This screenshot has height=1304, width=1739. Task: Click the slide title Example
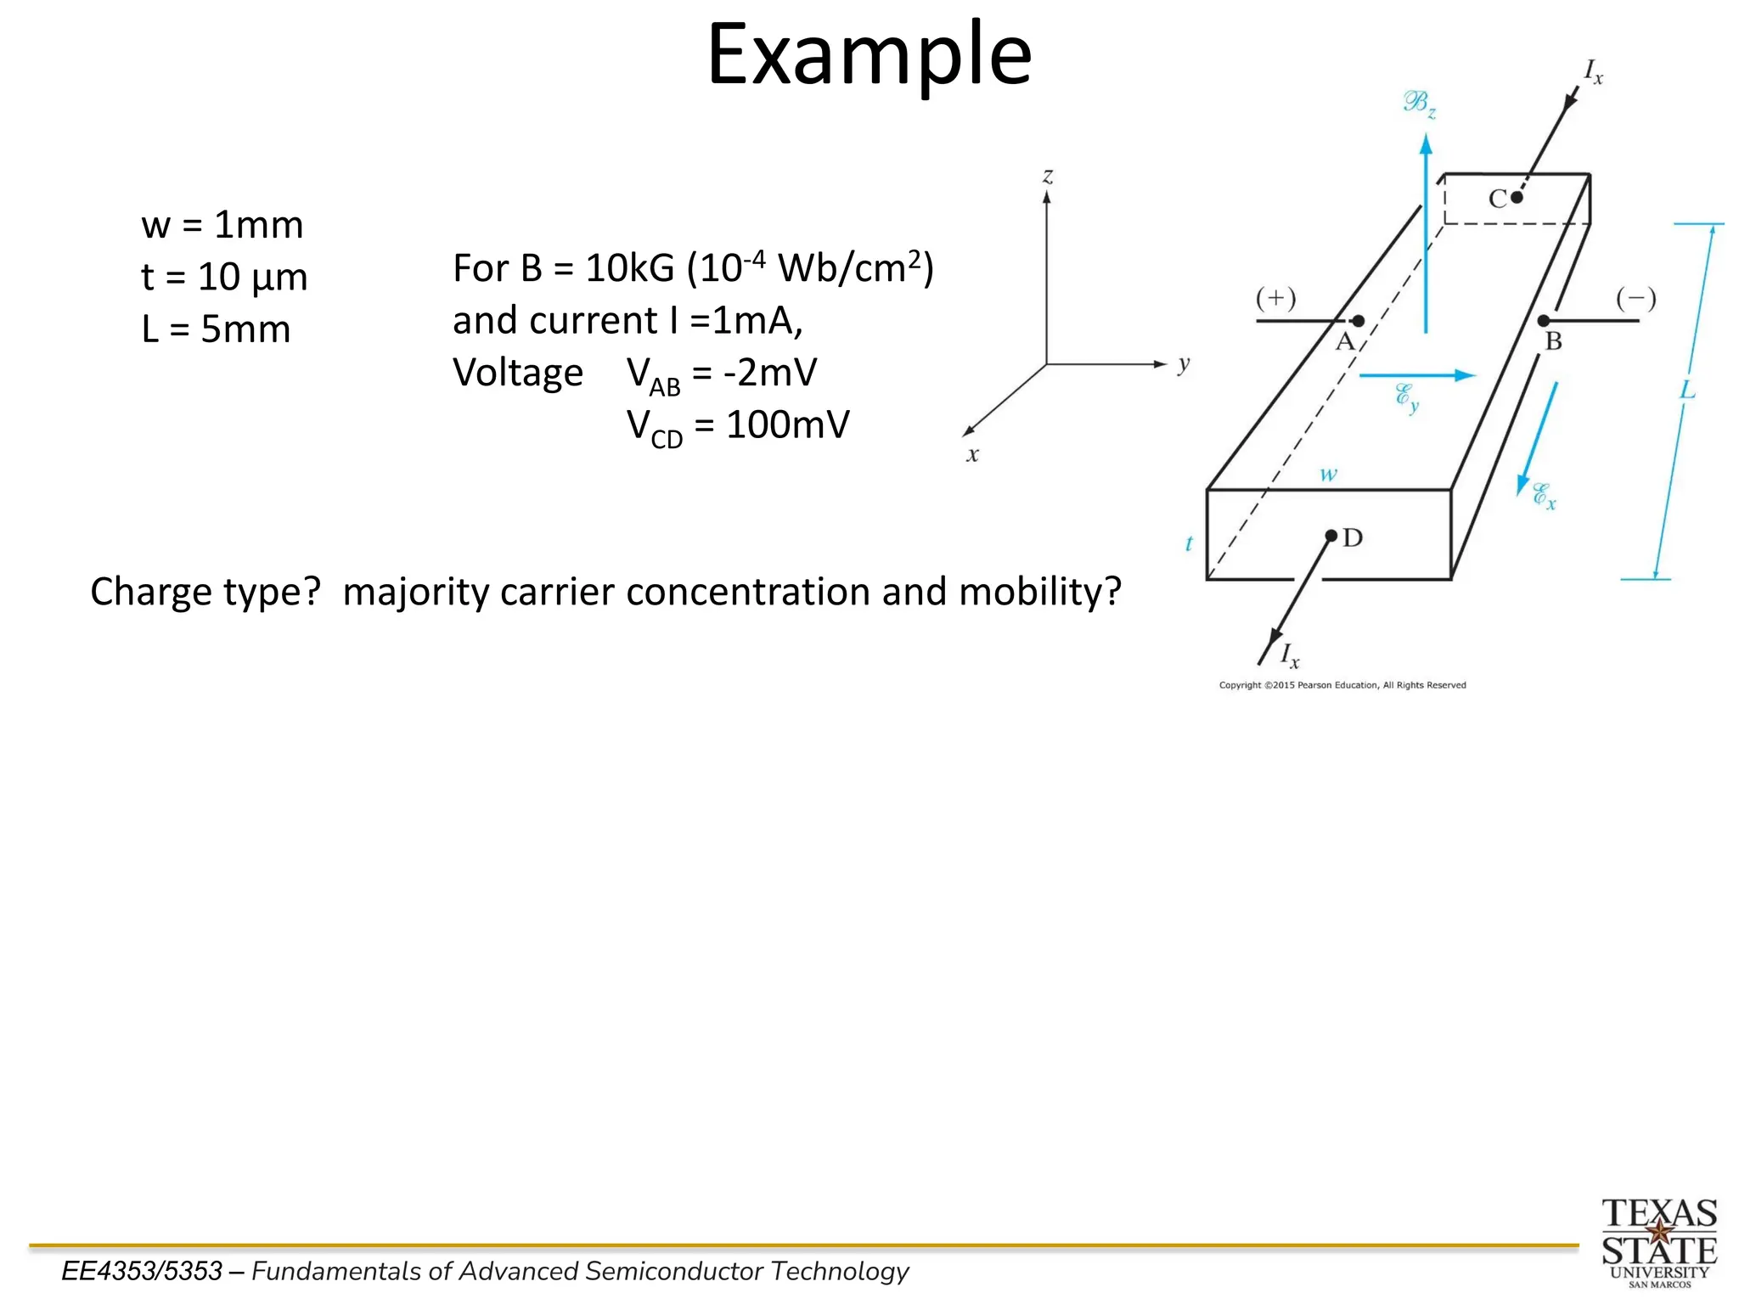[869, 55]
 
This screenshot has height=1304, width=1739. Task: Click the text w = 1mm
[222, 225]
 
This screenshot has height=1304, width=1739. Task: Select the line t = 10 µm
[224, 277]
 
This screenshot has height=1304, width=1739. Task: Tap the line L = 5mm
[216, 329]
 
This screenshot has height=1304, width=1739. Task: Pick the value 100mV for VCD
[787, 424]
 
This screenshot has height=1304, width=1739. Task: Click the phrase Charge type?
[205, 592]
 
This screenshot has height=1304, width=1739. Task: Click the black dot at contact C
[1517, 197]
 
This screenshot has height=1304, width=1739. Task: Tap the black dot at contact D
[1331, 536]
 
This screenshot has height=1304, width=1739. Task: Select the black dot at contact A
[1359, 321]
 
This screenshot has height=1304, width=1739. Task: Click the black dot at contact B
[1544, 321]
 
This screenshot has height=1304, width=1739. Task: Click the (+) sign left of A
[1275, 298]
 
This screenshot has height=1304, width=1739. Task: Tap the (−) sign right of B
[1635, 298]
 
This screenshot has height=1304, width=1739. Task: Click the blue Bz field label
[1419, 104]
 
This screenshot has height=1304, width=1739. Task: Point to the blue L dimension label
[1687, 391]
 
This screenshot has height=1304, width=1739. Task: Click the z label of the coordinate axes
[1048, 176]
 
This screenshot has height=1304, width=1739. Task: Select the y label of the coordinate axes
[1184, 364]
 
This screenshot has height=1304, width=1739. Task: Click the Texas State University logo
[1659, 1242]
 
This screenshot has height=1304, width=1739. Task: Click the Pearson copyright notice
[1342, 685]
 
